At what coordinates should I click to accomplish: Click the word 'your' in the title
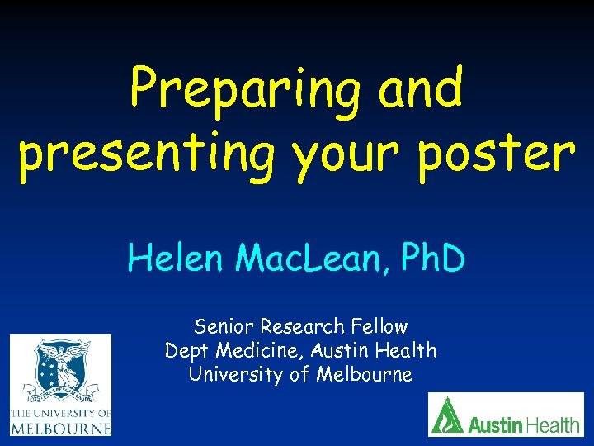tap(342, 157)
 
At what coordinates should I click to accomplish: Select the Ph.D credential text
tap(433, 259)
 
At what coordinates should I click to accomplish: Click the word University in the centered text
tap(230, 374)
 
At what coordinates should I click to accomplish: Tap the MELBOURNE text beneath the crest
tap(60, 429)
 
